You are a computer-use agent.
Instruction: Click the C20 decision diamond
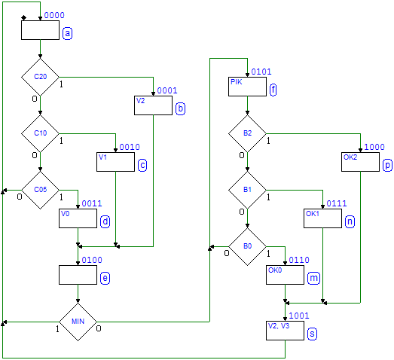click(x=40, y=77)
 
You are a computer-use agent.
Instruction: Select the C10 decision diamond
click(x=40, y=133)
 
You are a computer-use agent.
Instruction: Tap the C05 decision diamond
click(x=40, y=191)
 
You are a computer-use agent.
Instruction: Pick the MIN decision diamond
click(x=78, y=322)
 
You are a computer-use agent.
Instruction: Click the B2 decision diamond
click(x=247, y=133)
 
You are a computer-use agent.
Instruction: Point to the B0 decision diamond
click(x=247, y=247)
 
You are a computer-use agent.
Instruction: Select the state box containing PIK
click(x=247, y=87)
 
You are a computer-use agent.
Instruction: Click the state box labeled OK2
click(x=360, y=162)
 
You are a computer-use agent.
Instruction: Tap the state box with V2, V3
click(x=285, y=331)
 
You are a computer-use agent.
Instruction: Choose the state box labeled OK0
click(x=285, y=275)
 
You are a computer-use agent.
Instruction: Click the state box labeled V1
click(x=115, y=162)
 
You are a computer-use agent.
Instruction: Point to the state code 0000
click(x=54, y=15)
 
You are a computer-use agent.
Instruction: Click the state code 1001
click(x=299, y=316)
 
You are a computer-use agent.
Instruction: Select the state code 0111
click(x=337, y=203)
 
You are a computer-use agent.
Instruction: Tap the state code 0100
click(x=92, y=260)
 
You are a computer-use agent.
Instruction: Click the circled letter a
click(x=67, y=33)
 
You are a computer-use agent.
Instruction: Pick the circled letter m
click(x=314, y=278)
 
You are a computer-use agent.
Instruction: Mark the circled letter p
click(x=387, y=165)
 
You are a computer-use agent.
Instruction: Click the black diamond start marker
click(x=24, y=17)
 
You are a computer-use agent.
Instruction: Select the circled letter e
click(x=105, y=278)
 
